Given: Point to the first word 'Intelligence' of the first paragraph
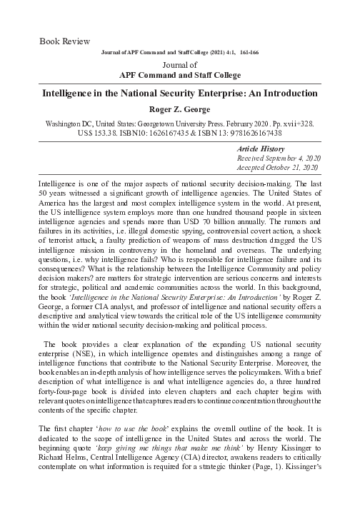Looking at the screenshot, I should point(57,183).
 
